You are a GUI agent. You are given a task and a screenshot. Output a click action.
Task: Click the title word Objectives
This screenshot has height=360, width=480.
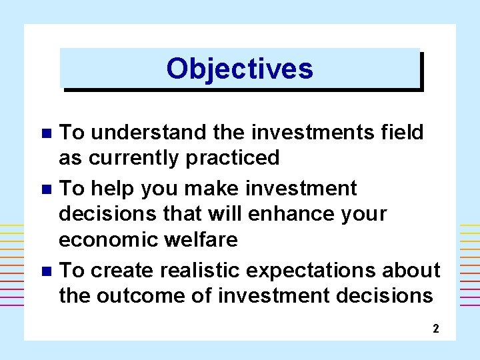[x=239, y=68]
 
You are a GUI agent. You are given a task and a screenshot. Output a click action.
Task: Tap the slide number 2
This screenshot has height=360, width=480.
[x=435, y=328]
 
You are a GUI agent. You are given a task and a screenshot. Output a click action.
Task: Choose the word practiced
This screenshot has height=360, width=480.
[x=236, y=159]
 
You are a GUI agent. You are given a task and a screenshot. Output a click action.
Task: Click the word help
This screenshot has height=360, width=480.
[x=111, y=189]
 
